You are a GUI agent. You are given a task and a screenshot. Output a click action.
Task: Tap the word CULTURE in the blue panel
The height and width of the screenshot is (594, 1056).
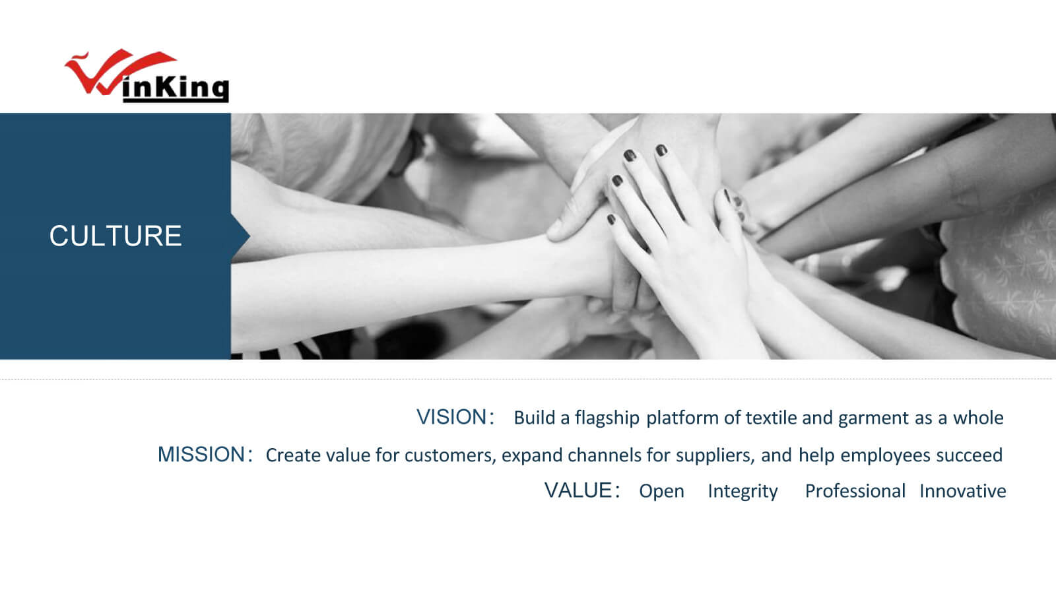pos(115,236)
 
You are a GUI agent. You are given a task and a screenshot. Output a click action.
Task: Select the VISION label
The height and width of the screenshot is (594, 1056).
pos(451,417)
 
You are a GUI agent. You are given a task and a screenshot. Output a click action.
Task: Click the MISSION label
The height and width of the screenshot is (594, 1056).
pos(201,455)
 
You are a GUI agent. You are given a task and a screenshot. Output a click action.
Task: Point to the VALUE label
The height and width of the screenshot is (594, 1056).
pos(578,490)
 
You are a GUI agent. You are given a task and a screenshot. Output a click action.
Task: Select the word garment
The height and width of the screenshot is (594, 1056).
pos(874,418)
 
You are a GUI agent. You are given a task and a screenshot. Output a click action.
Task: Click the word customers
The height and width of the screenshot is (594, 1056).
pos(450,455)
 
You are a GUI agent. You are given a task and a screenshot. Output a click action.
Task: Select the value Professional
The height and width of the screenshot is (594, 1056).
pos(855,491)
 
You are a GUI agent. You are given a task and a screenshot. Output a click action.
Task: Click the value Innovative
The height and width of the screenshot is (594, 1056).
pos(963,491)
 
